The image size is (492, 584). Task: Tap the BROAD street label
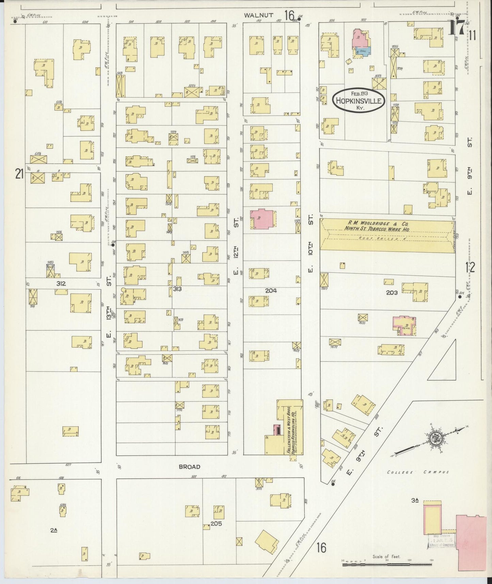pos(190,466)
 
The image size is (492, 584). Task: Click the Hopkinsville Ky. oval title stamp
pos(359,100)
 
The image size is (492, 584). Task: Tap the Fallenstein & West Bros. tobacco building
pos(290,428)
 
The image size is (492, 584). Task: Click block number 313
pos(177,289)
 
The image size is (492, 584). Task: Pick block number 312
pos(61,283)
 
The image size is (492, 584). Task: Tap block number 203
pos(392,292)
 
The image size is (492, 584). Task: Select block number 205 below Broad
pos(216,523)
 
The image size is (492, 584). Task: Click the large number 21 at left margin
pos(19,174)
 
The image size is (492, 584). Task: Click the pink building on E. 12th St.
pos(263,218)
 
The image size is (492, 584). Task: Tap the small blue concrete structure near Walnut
pos(363,51)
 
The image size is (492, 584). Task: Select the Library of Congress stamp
pos(441,541)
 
